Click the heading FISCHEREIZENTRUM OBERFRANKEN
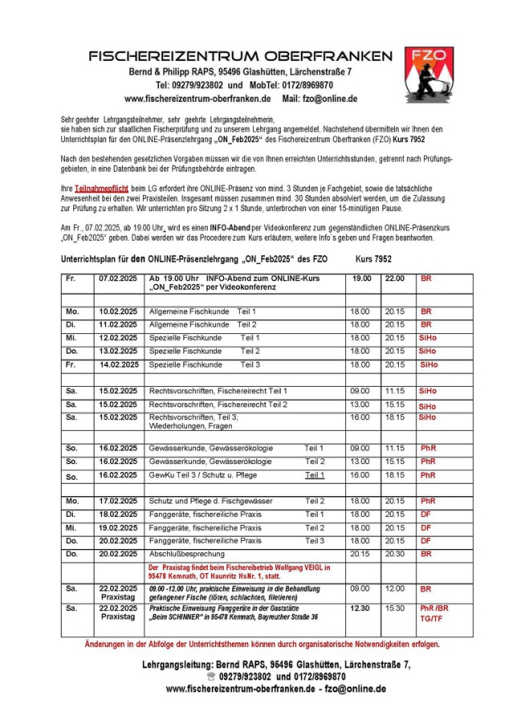[241, 56]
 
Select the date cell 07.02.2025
[118, 278]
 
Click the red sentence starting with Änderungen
[262, 645]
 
